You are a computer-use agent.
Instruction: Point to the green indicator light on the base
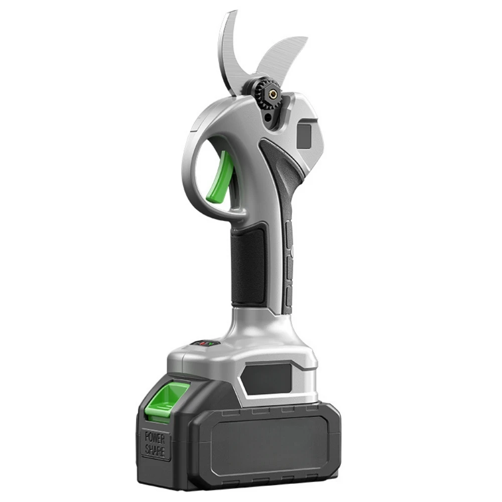coord(209,344)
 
